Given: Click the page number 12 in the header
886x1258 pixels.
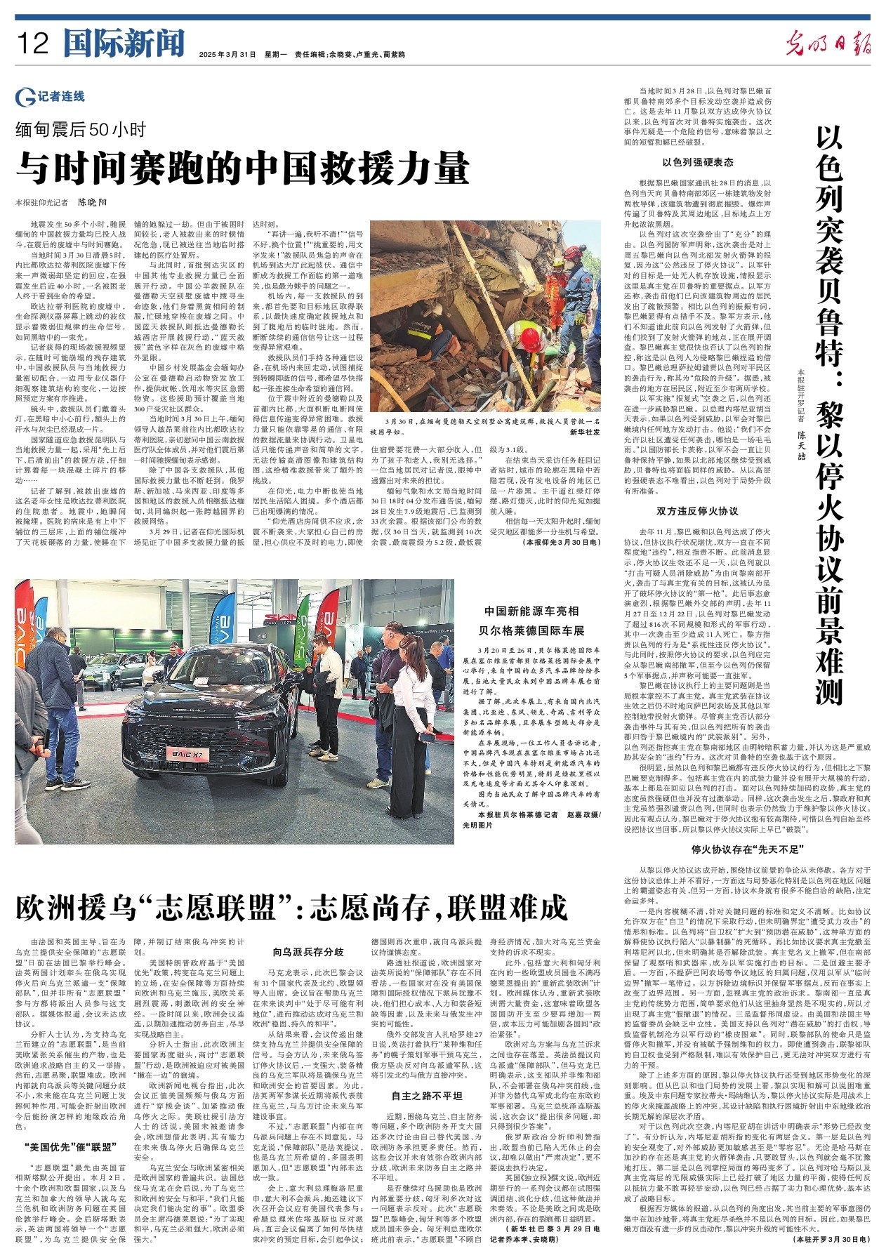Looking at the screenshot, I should click(x=33, y=44).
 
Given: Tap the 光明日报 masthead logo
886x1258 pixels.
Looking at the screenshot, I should click(x=828, y=44).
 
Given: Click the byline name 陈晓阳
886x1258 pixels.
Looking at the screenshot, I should click(x=92, y=202).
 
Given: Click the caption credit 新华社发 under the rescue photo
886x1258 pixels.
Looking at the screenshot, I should click(x=585, y=432).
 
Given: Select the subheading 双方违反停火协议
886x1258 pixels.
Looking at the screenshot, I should click(x=697, y=510).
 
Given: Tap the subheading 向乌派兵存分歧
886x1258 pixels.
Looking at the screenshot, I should click(x=308, y=953).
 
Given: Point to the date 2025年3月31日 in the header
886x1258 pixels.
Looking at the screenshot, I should click(x=227, y=54).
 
